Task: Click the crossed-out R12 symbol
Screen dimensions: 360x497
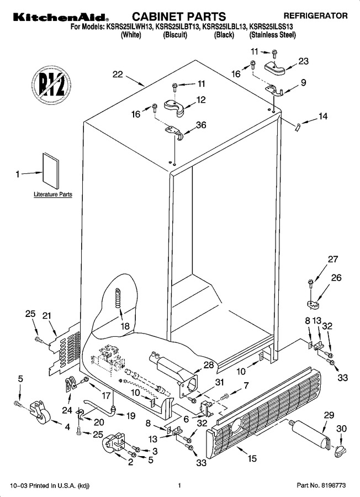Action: point(51,84)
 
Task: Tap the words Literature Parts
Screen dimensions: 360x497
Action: point(53,194)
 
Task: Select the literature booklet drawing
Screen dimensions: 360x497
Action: point(51,171)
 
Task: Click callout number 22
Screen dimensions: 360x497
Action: point(118,75)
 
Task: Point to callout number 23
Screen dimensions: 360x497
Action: point(303,61)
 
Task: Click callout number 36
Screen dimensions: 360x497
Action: point(201,125)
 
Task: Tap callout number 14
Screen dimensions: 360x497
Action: point(322,117)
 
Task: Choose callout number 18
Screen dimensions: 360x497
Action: point(125,326)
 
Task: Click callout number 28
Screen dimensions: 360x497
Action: point(209,365)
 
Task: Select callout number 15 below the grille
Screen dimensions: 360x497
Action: point(252,458)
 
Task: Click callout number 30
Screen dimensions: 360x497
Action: point(341,429)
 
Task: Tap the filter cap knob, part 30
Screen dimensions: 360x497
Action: point(339,451)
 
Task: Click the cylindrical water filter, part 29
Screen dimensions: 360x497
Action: point(310,433)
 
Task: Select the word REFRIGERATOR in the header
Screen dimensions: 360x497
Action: point(315,15)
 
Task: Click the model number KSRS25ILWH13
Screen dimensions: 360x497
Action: point(128,27)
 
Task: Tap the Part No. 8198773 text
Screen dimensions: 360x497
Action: point(321,485)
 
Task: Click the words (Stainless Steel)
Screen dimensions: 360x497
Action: point(273,35)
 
